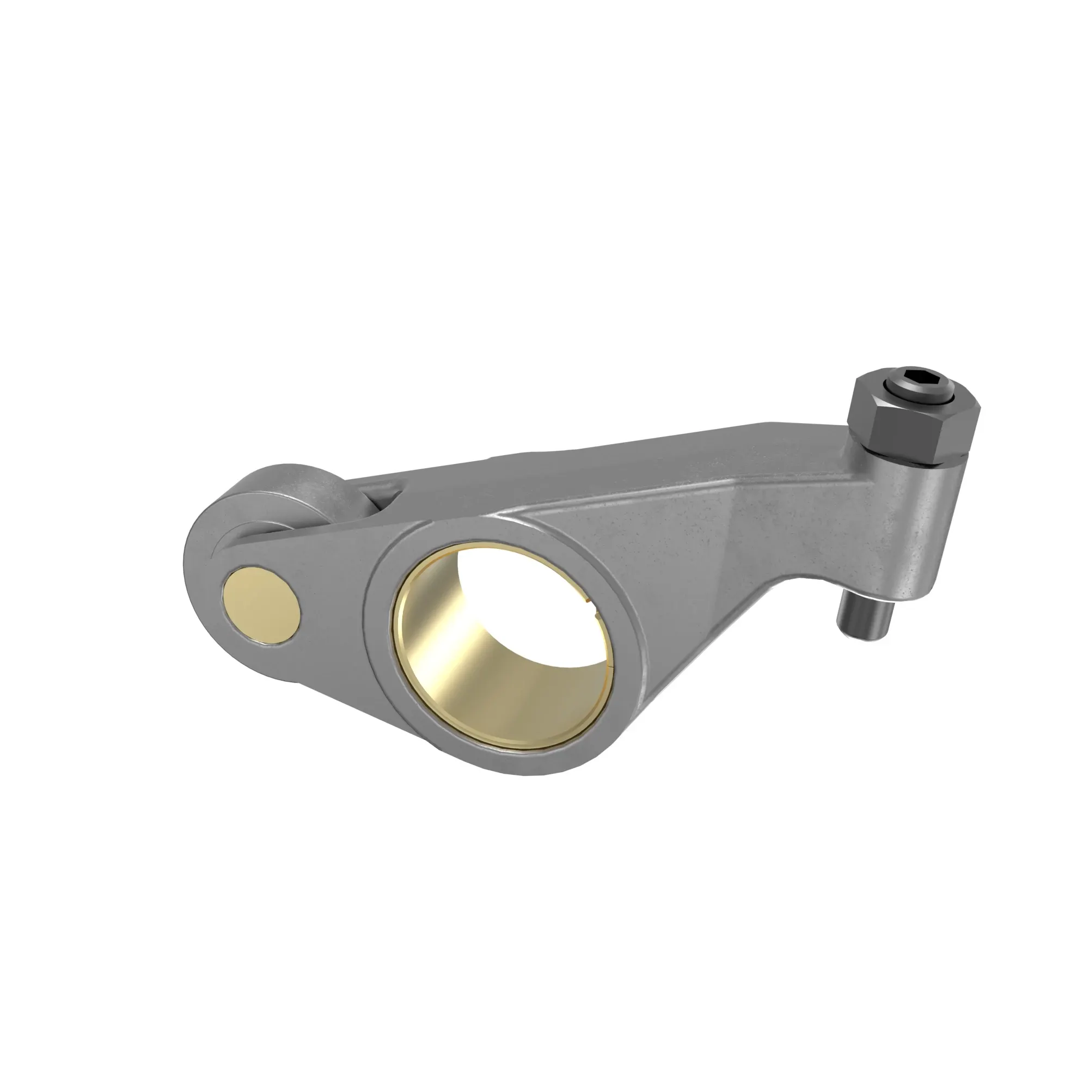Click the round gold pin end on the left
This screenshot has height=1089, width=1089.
coord(261,605)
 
